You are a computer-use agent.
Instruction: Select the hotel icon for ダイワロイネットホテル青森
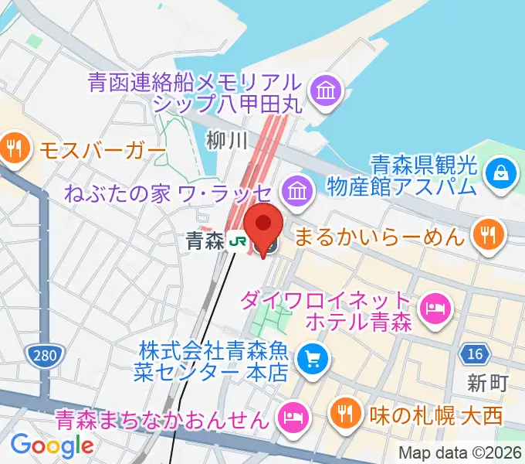click(433, 309)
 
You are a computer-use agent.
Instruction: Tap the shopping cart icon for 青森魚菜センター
click(313, 357)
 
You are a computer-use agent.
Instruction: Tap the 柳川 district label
click(225, 140)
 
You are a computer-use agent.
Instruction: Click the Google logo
click(52, 445)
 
